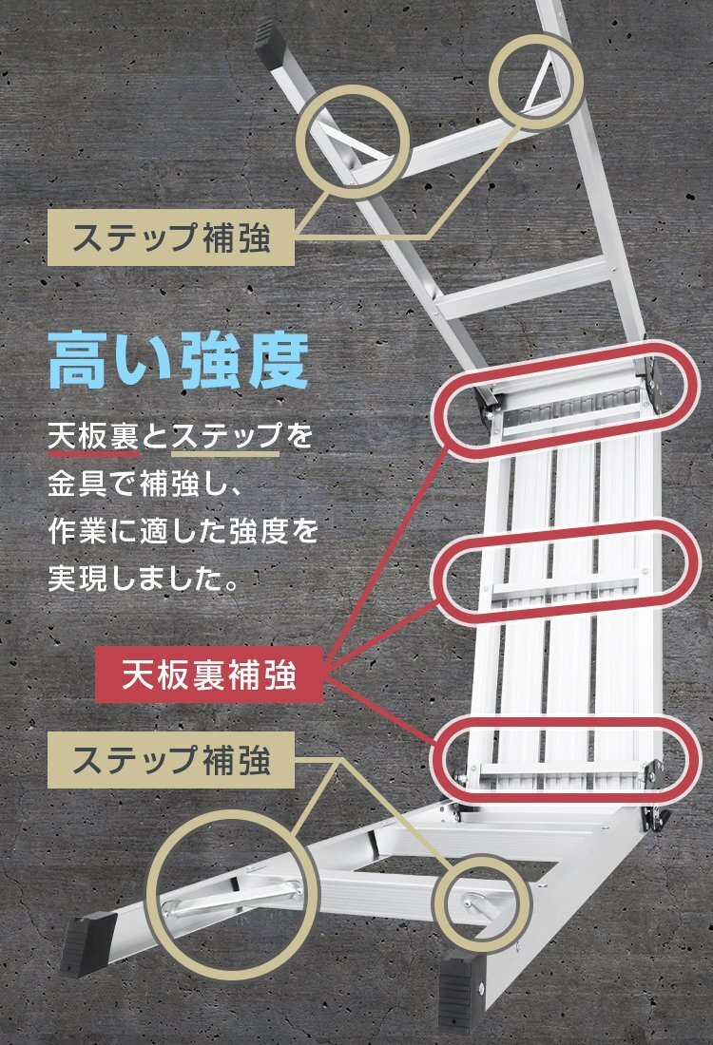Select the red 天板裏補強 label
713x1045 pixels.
tap(210, 675)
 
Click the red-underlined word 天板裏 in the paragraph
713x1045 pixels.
tap(93, 438)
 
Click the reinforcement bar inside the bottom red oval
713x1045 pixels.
tap(561, 763)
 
